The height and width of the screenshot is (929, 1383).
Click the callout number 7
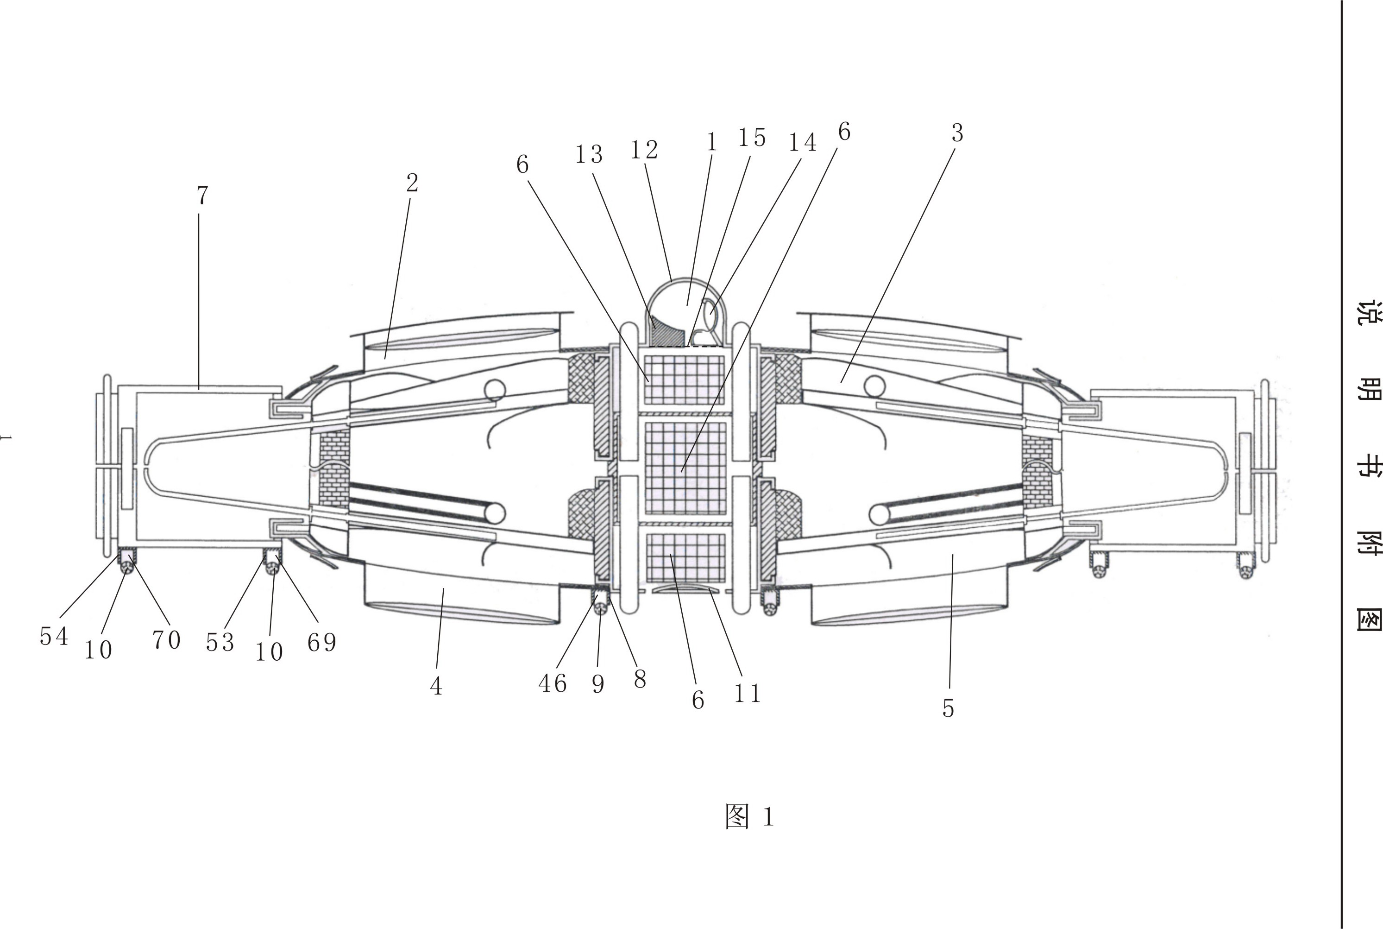(202, 196)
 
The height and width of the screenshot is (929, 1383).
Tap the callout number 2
(412, 183)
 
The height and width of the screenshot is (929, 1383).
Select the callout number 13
(589, 155)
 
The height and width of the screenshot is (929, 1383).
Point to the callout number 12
(644, 150)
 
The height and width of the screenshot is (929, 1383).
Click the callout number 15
(752, 138)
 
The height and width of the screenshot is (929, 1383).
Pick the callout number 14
(803, 142)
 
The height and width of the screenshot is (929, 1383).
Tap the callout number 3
(957, 133)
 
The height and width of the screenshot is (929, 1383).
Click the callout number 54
(54, 636)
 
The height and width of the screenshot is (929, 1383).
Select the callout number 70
(166, 639)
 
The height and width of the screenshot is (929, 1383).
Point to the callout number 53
(220, 642)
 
